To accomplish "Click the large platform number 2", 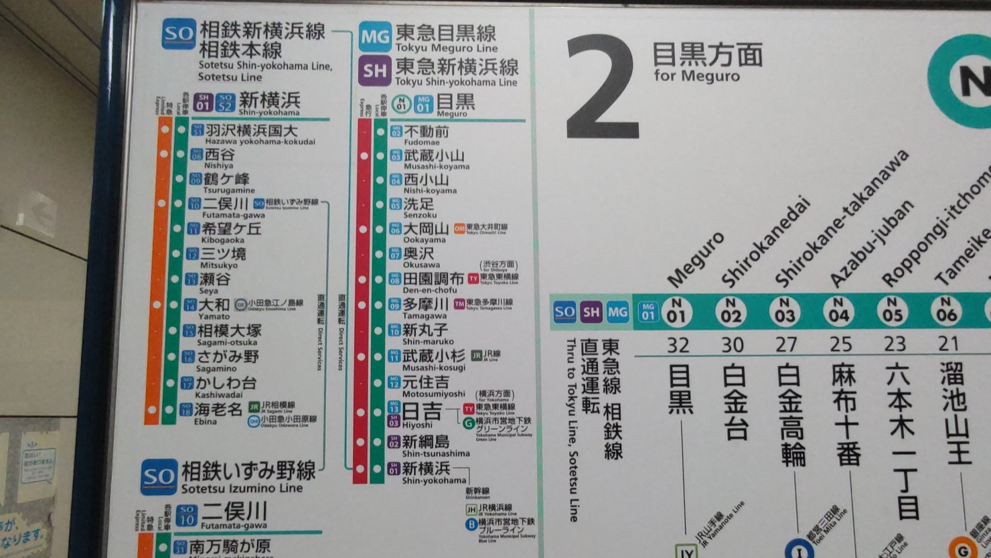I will click(601, 88).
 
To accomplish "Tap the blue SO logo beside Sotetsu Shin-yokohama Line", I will click(179, 33).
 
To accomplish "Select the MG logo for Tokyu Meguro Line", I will click(374, 37).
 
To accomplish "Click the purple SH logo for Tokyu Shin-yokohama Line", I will click(374, 71).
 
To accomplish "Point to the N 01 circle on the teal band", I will click(676, 311).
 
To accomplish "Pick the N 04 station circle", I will click(838, 311).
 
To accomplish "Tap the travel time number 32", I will click(678, 345).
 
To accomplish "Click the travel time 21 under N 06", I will click(948, 344).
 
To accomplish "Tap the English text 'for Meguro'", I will click(696, 75).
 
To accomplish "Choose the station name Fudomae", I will click(426, 133).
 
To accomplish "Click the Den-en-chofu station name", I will click(433, 279).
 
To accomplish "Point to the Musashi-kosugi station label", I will click(434, 356).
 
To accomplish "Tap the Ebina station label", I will click(218, 409).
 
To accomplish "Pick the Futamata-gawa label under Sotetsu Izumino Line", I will click(234, 512).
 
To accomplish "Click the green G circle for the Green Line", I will click(469, 423).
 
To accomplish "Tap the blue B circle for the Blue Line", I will click(471, 525).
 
